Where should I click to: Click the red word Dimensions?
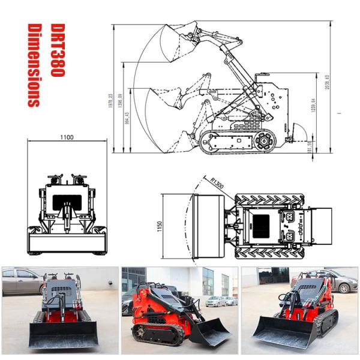click(34, 65)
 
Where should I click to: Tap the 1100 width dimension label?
click(67, 137)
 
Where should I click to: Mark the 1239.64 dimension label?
click(312, 109)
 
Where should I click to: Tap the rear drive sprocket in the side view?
click(263, 141)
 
